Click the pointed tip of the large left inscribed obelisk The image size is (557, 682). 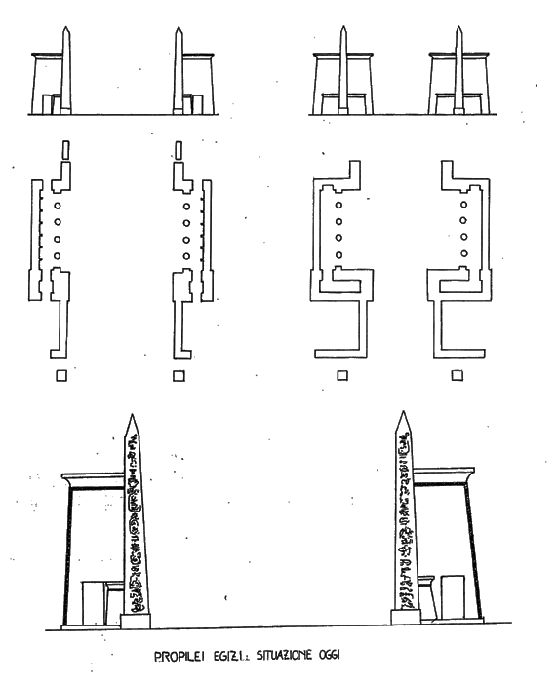pos(132,414)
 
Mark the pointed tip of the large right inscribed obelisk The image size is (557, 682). pos(403,412)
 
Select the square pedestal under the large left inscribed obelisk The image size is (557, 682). pos(136,622)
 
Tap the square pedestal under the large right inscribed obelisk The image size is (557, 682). pos(406,617)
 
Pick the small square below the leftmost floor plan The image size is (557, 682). pos(61,375)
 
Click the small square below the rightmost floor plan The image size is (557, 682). pos(457,375)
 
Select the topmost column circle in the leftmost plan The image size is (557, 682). pos(57,206)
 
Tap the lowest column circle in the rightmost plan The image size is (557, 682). pos(463,253)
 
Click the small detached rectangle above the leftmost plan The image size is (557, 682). pos(65,150)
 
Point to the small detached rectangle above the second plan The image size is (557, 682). pos(179,150)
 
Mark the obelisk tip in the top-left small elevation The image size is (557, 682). pos(65,27)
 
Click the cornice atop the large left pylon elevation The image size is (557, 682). pos(94,480)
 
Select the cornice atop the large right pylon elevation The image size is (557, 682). pos(444,475)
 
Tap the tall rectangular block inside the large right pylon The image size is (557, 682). pos(453,596)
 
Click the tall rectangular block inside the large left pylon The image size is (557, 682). pos(94,603)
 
